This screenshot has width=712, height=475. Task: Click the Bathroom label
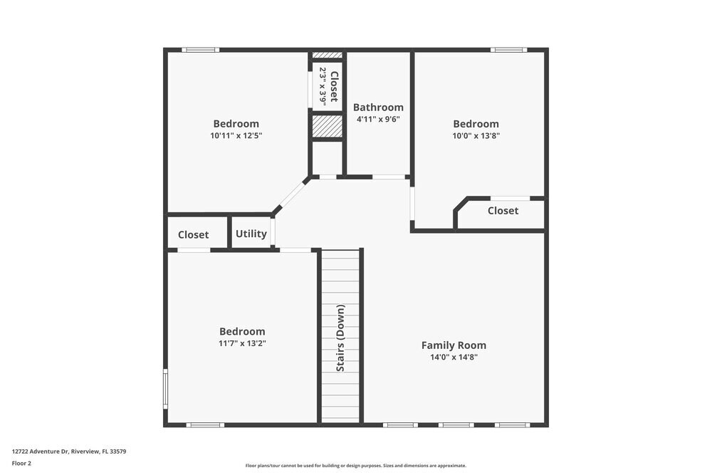pyautogui.click(x=378, y=108)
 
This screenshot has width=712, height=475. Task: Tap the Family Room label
pyautogui.click(x=454, y=345)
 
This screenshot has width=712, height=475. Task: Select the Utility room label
pyautogui.click(x=251, y=234)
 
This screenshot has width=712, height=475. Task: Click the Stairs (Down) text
pyautogui.click(x=340, y=338)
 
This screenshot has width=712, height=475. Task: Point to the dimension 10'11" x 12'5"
pyautogui.click(x=236, y=135)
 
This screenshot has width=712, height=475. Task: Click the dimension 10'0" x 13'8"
pyautogui.click(x=476, y=135)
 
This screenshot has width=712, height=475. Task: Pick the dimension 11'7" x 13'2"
pyautogui.click(x=242, y=343)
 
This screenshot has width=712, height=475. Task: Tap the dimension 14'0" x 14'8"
pyautogui.click(x=454, y=357)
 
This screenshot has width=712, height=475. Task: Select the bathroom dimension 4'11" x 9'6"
pyautogui.click(x=378, y=120)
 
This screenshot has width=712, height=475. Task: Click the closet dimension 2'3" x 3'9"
pyautogui.click(x=323, y=86)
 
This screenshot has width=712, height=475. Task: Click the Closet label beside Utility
pyautogui.click(x=193, y=234)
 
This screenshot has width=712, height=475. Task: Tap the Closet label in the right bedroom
pyautogui.click(x=503, y=211)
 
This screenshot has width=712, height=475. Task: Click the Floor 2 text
pyautogui.click(x=21, y=463)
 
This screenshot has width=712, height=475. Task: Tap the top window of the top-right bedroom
pyautogui.click(x=508, y=50)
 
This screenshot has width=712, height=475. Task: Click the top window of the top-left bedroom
pyautogui.click(x=200, y=50)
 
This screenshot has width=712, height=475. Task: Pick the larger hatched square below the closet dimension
pyautogui.click(x=328, y=126)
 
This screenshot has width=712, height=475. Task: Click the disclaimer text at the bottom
pyautogui.click(x=356, y=466)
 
